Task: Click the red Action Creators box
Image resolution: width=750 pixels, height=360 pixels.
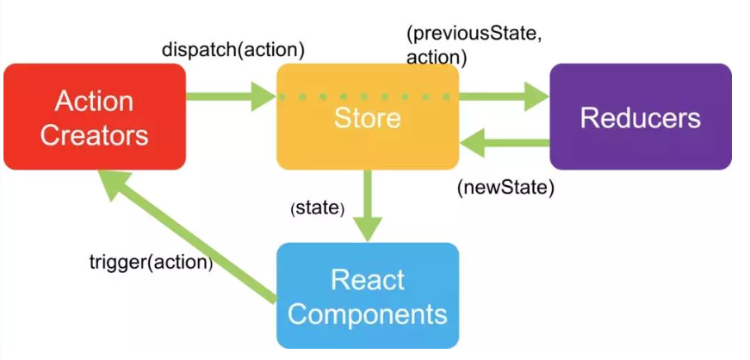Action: coord(95,116)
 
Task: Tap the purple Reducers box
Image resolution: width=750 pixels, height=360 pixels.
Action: coord(640,116)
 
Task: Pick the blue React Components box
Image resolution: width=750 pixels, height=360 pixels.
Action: coord(367,295)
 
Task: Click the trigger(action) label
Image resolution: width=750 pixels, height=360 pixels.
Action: coord(151,260)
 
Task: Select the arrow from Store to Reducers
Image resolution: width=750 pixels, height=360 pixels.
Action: coord(504,96)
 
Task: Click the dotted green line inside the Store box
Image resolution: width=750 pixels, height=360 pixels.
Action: coord(367,96)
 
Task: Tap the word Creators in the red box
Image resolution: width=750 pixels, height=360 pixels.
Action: coord(95,134)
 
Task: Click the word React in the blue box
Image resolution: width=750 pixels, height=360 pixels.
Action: coord(367,279)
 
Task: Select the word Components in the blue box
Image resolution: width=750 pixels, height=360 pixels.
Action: coord(367,313)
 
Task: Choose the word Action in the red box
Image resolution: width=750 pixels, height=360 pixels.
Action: coord(95,101)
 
